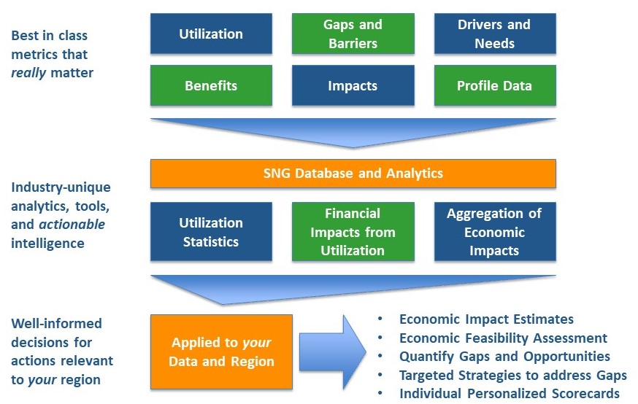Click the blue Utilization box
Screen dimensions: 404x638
click(211, 34)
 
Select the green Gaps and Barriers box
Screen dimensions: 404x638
click(353, 34)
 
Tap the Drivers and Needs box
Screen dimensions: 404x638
click(494, 34)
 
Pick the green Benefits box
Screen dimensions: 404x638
click(211, 85)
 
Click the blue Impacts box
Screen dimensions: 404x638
click(353, 85)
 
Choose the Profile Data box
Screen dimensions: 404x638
click(494, 85)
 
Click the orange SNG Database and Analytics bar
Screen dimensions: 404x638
click(353, 174)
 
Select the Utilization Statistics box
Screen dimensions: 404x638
click(211, 232)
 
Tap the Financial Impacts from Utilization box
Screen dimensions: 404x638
click(353, 232)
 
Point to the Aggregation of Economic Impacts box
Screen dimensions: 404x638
click(494, 232)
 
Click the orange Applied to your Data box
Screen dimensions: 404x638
click(221, 351)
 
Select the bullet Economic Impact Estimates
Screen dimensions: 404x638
click(486, 319)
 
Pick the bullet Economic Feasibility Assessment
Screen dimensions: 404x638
click(503, 338)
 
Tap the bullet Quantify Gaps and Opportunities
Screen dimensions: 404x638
click(504, 357)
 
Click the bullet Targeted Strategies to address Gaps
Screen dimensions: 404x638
click(512, 375)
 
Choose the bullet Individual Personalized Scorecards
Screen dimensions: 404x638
click(509, 394)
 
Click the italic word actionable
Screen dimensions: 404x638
click(77, 225)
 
